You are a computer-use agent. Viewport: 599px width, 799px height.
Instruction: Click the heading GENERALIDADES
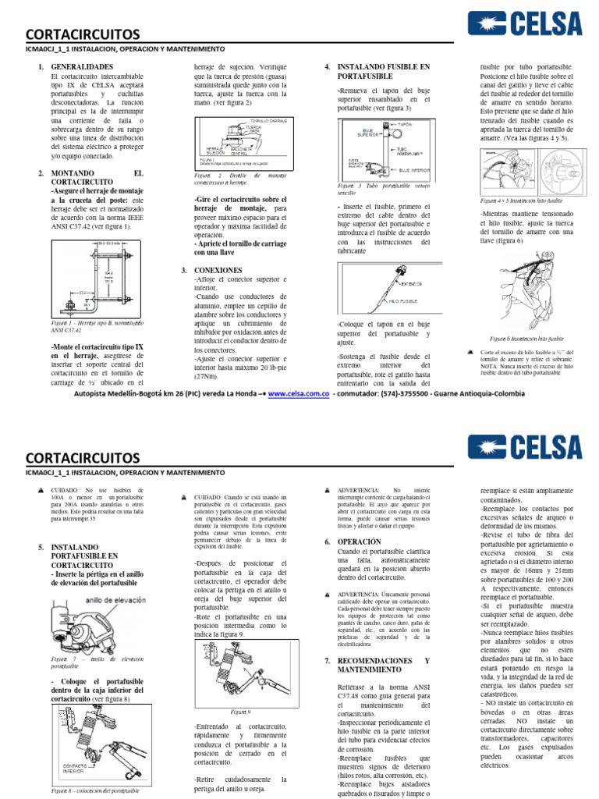tap(82, 68)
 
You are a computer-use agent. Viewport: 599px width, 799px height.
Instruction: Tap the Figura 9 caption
tap(240, 712)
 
